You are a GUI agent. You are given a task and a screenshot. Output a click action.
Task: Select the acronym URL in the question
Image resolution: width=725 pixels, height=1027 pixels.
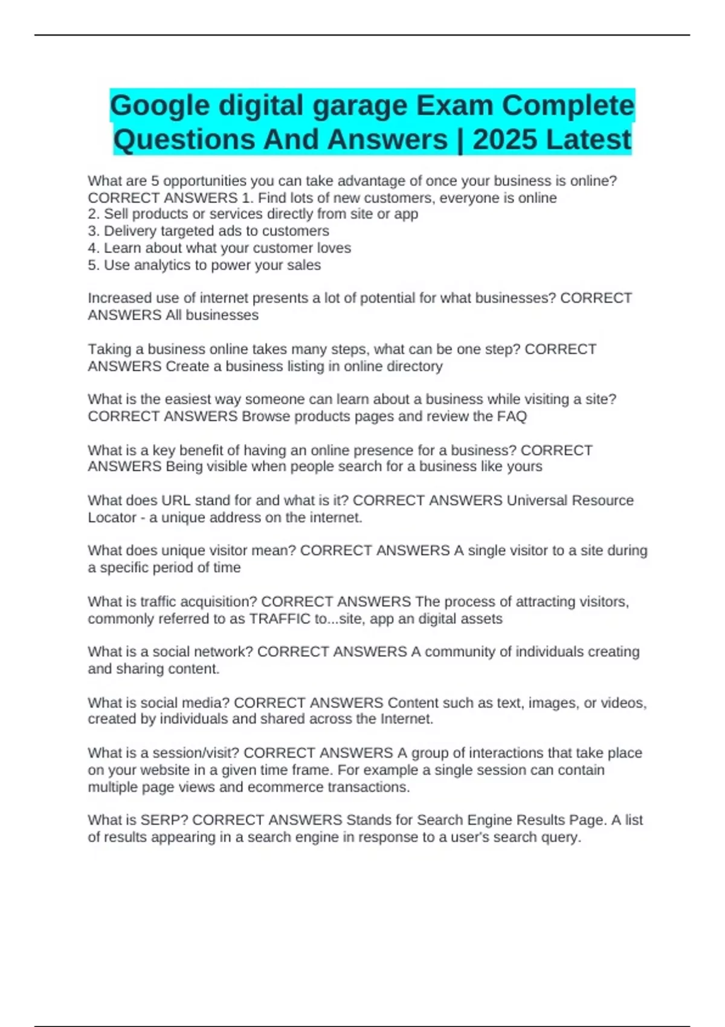(176, 501)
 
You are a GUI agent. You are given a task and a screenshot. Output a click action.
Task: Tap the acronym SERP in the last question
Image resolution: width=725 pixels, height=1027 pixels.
(164, 820)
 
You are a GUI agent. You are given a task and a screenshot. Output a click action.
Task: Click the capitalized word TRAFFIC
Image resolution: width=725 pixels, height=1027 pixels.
(280, 619)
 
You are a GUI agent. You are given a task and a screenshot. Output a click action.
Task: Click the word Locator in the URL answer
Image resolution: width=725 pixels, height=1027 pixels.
(112, 518)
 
